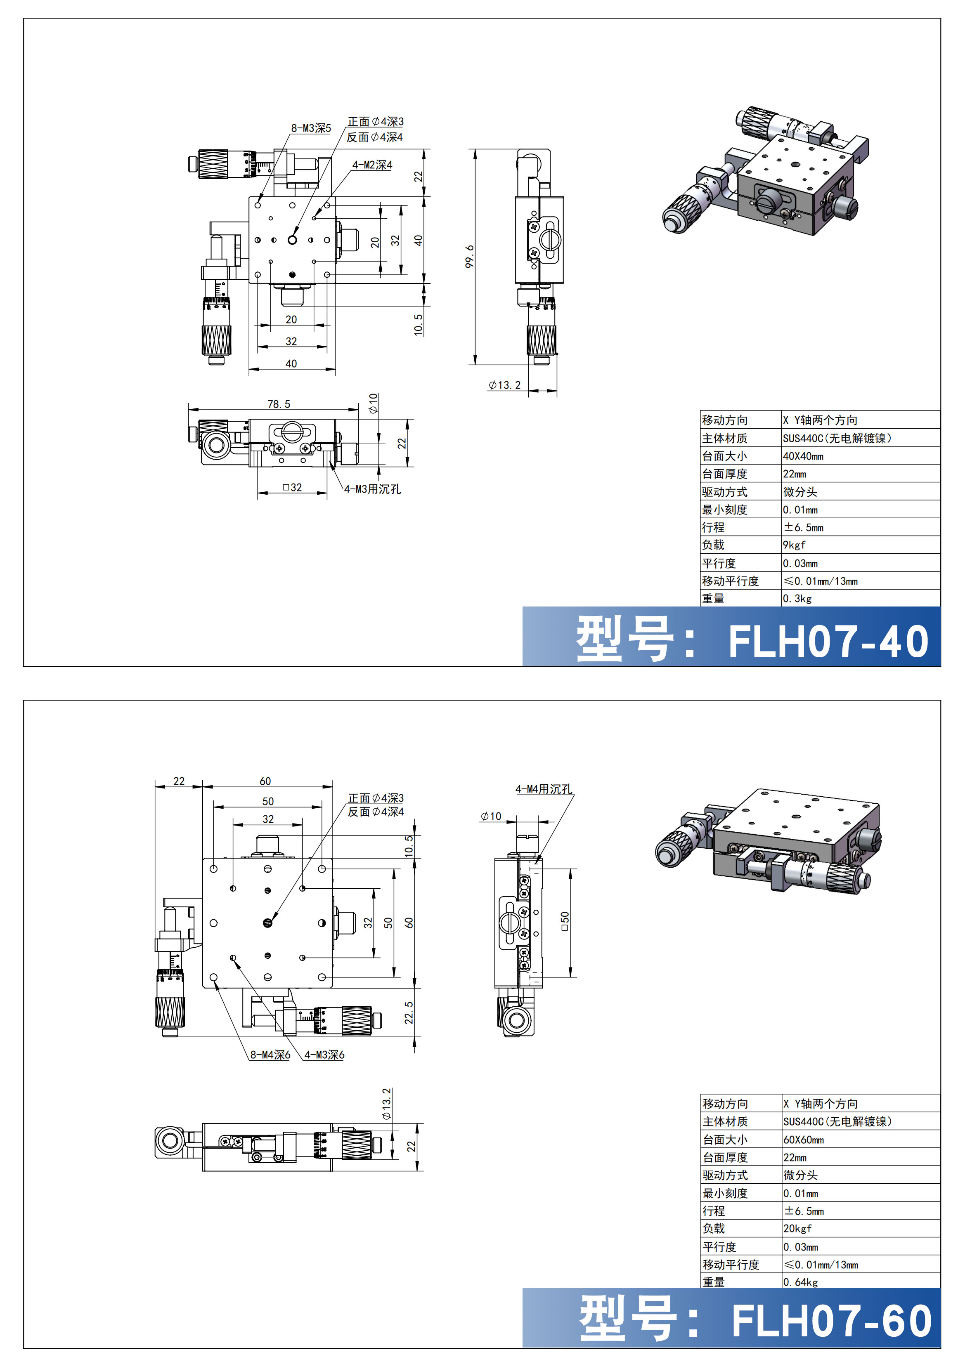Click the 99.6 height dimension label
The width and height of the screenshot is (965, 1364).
click(469, 257)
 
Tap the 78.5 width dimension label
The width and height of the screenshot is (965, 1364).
click(279, 404)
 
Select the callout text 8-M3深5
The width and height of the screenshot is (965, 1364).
click(311, 128)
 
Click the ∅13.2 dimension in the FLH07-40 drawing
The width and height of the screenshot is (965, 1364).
click(504, 385)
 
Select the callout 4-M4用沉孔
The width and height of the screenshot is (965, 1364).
click(544, 789)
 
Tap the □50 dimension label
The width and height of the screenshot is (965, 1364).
click(565, 921)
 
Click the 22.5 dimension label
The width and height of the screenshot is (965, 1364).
click(409, 1012)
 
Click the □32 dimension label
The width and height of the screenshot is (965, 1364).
click(292, 487)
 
